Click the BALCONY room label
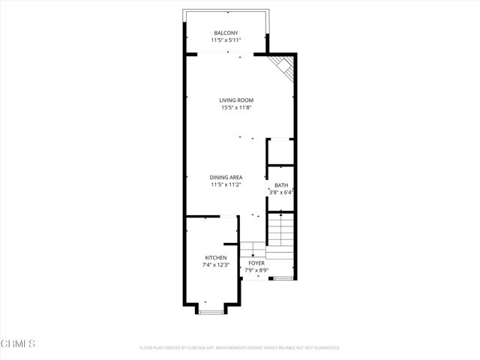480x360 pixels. [226, 32]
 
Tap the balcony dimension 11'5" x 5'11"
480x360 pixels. [226, 40]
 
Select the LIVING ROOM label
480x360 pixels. [236, 100]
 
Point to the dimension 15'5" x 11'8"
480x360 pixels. [236, 108]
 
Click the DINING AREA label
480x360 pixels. [226, 177]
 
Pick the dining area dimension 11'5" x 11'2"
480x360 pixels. [226, 184]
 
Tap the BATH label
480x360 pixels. [280, 185]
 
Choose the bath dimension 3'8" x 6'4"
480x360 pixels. [280, 193]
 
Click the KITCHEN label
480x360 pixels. [215, 257]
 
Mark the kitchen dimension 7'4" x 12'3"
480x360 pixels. [215, 265]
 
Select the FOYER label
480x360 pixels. [257, 263]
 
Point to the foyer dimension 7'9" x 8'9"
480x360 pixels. [257, 270]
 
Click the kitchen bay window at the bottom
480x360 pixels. [211, 310]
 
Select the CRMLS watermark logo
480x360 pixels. [18, 344]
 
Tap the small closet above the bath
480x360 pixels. [280, 151]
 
